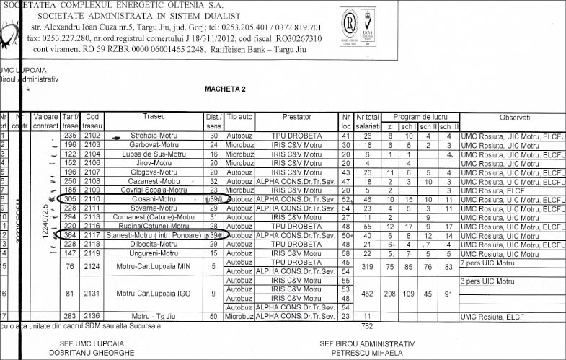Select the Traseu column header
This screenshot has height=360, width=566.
[154, 117]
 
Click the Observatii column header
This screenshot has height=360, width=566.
[515, 117]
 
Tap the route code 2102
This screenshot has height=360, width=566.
[92, 136]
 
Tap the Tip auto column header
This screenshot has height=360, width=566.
[239, 117]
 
